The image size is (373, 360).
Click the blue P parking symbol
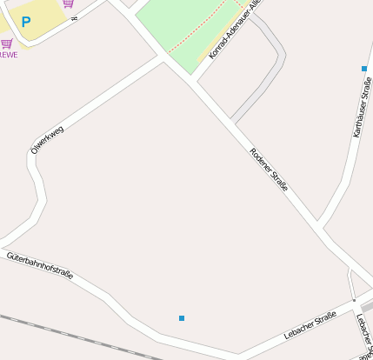[25, 21]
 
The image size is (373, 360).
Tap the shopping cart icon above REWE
[7, 43]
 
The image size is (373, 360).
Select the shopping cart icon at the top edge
[68, 3]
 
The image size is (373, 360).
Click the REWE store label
[8, 54]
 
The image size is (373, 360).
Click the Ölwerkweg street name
[47, 139]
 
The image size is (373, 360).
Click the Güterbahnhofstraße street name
[40, 266]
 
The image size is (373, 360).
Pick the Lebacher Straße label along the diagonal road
[310, 326]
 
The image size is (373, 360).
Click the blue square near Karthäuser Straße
[363, 68]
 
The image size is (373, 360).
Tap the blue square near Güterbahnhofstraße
[181, 318]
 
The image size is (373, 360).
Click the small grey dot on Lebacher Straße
[354, 301]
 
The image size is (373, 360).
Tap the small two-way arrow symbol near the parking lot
[75, 17]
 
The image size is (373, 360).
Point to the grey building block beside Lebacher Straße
[368, 306]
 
